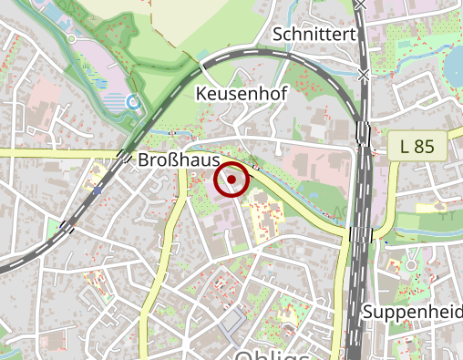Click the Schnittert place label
(314, 35)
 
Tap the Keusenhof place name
(236, 94)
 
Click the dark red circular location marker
(231, 180)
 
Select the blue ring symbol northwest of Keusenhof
(134, 103)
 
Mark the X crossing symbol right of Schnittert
(365, 73)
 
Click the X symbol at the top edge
(363, 5)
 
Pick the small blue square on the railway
(97, 191)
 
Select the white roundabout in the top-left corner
(71, 38)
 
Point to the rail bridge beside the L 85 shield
(364, 134)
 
